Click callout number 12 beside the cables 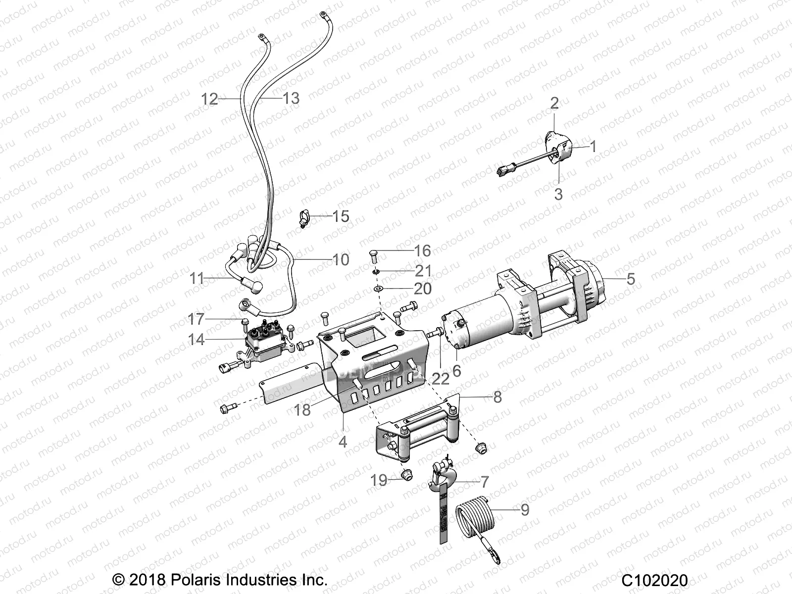pyautogui.click(x=209, y=99)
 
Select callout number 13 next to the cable pyautogui.click(x=291, y=98)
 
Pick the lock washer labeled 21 pyautogui.click(x=377, y=271)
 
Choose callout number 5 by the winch pyautogui.click(x=630, y=279)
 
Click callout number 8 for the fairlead pyautogui.click(x=497, y=396)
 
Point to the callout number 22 pyautogui.click(x=440, y=378)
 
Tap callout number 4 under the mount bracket pyautogui.click(x=343, y=441)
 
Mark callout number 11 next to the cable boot pyautogui.click(x=197, y=279)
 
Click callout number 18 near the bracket pyautogui.click(x=302, y=410)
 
